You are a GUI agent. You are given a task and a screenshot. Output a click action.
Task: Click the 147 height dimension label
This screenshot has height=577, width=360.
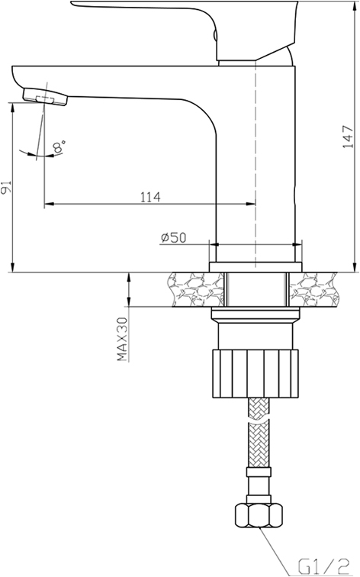(x=348, y=137)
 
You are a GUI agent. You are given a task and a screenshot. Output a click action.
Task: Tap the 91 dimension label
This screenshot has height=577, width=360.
(x=6, y=188)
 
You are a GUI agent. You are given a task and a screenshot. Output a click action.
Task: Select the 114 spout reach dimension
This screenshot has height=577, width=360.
(x=150, y=197)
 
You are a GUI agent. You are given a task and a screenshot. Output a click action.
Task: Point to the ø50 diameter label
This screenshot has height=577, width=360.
(x=173, y=237)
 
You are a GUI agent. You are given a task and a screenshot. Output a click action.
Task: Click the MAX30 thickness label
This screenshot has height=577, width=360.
(x=122, y=340)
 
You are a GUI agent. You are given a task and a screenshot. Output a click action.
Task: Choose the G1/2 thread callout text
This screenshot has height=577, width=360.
(x=323, y=566)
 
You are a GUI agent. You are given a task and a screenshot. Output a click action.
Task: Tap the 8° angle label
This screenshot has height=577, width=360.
(x=59, y=146)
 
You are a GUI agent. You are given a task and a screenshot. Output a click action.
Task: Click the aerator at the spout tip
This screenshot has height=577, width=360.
(x=46, y=96)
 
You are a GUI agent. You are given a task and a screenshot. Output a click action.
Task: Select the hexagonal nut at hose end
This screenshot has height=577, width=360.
(x=259, y=515)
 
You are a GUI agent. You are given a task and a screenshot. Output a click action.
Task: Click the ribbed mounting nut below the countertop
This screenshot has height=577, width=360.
(x=256, y=373)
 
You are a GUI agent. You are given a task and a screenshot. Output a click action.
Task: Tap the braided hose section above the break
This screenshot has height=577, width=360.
(x=259, y=408)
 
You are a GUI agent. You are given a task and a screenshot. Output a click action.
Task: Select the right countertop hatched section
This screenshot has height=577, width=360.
(x=313, y=289)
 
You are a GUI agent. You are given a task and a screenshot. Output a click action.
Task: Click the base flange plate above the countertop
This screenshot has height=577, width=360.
(x=256, y=267)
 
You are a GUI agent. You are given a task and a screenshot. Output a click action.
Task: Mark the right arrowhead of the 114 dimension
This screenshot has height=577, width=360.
(x=251, y=204)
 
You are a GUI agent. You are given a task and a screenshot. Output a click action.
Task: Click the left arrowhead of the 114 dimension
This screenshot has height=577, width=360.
(x=49, y=204)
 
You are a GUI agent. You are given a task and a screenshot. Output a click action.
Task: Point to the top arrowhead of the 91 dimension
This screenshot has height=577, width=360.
(x=13, y=108)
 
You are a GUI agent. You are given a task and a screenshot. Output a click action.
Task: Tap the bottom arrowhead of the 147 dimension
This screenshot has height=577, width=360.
(x=355, y=268)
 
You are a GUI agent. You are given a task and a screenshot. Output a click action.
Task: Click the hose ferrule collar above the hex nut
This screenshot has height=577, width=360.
(x=259, y=472)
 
